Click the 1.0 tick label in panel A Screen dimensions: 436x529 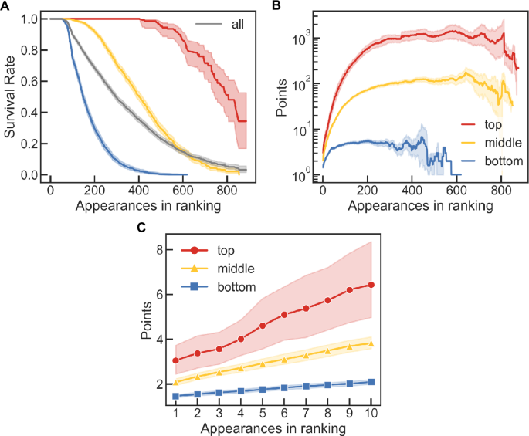click(33, 18)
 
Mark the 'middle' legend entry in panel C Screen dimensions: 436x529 click(236, 269)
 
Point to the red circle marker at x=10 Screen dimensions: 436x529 click(371, 285)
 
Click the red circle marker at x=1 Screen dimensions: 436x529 click(177, 360)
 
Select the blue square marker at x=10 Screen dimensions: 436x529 click(371, 381)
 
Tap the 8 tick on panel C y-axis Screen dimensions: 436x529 click(160, 250)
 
